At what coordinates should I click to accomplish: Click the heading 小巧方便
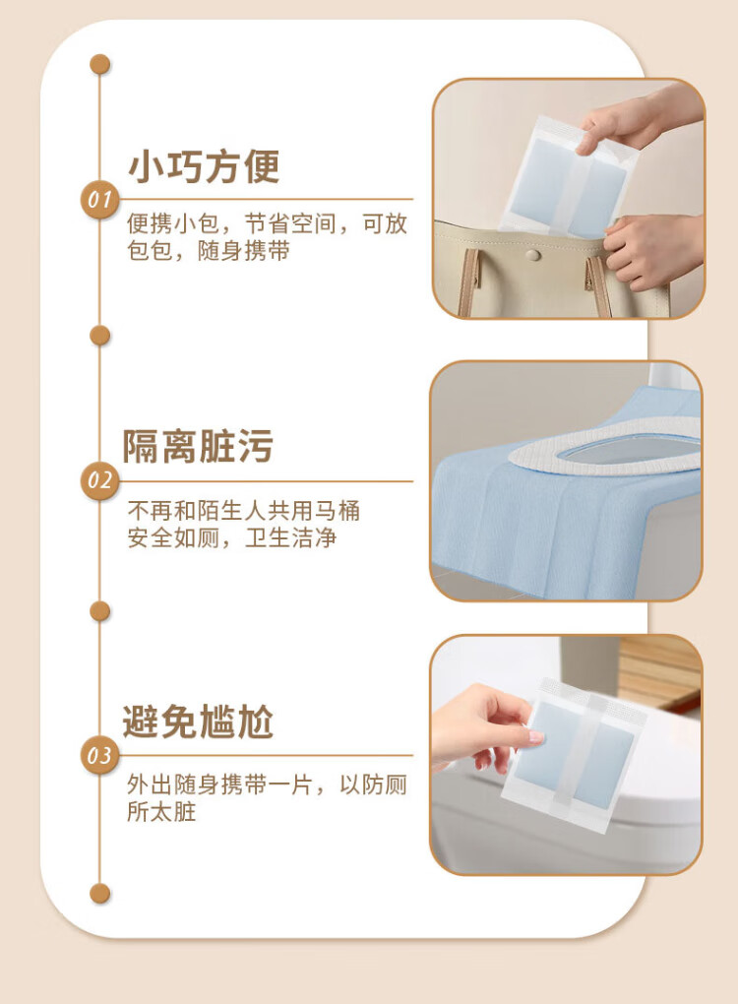pyautogui.click(x=205, y=166)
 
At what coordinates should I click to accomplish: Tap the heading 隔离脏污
pyautogui.click(x=198, y=446)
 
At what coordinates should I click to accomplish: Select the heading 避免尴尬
pyautogui.click(x=198, y=722)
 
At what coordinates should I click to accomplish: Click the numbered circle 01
pyautogui.click(x=99, y=200)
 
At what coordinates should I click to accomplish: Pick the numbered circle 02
pyautogui.click(x=99, y=481)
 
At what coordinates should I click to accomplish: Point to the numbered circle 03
pyautogui.click(x=99, y=756)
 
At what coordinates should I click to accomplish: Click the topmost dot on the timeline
pyautogui.click(x=99, y=64)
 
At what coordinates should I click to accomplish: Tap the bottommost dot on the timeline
pyautogui.click(x=99, y=893)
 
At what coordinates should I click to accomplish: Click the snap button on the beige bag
pyautogui.click(x=531, y=256)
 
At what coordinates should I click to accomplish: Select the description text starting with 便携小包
pyautogui.click(x=267, y=237)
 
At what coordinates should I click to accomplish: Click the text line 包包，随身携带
pyautogui.click(x=209, y=250)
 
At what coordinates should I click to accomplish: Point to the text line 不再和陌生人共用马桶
pyautogui.click(x=243, y=510)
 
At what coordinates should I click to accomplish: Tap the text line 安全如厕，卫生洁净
pyautogui.click(x=231, y=537)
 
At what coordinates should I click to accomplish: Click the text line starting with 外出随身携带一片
pyautogui.click(x=267, y=784)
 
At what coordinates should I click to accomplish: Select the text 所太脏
pyautogui.click(x=161, y=811)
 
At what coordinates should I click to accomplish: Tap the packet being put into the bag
pyautogui.click(x=567, y=176)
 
